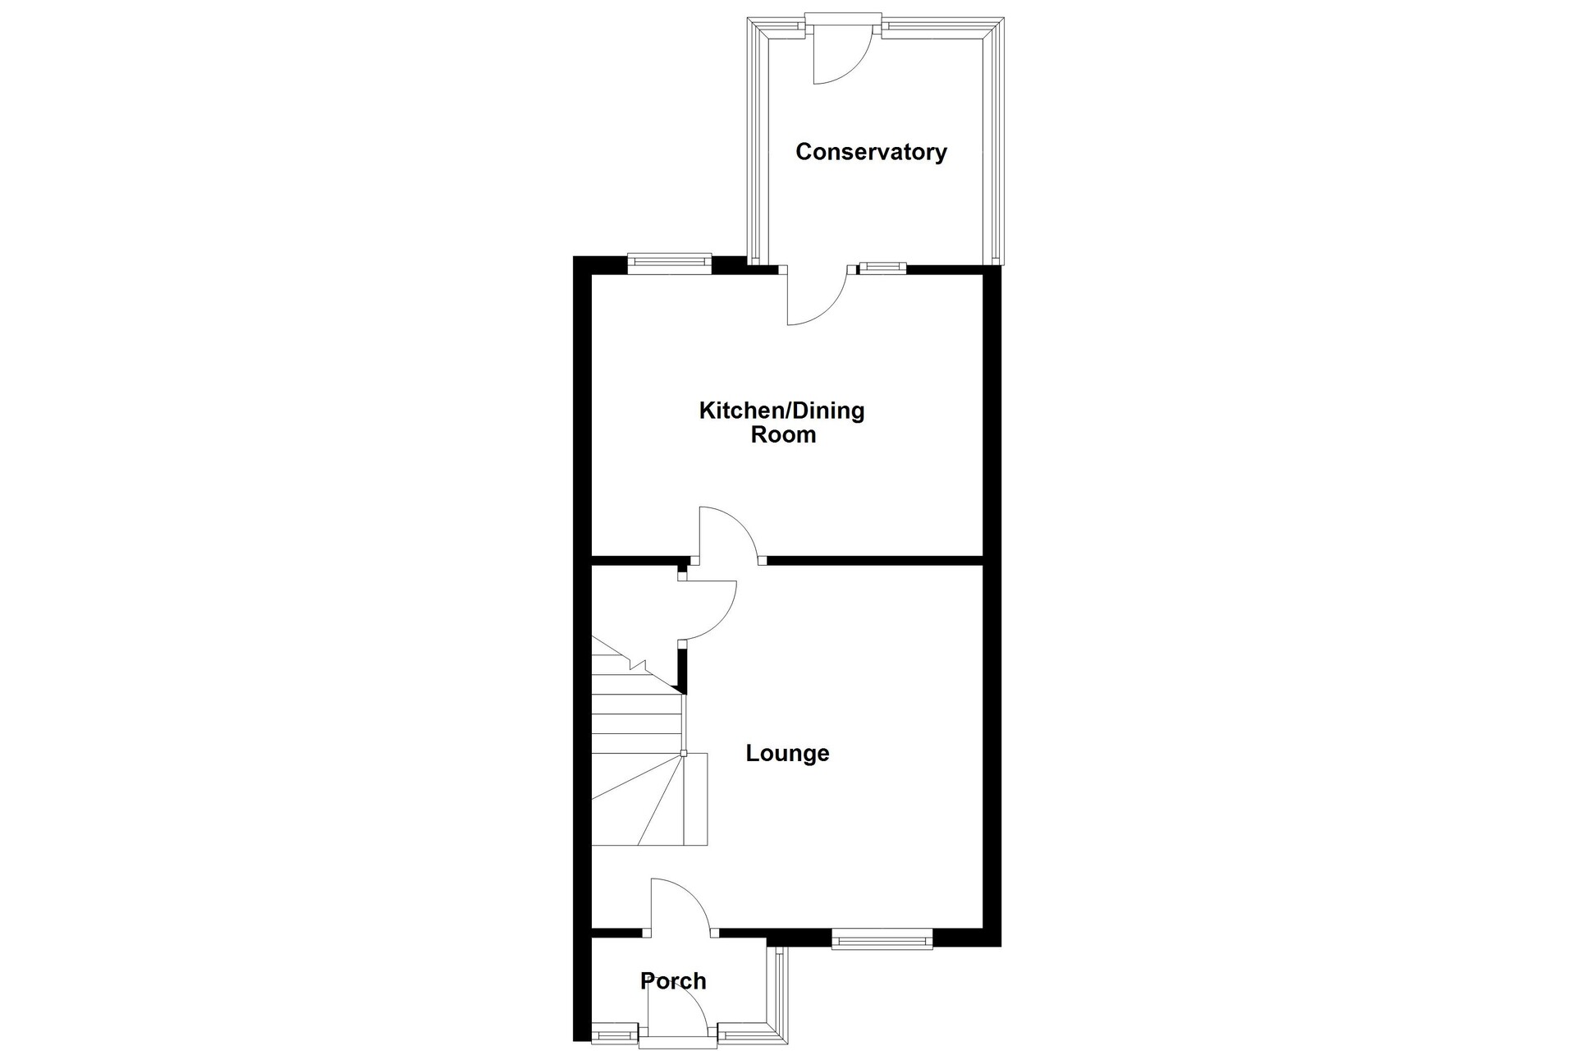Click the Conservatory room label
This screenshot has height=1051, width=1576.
[x=871, y=152]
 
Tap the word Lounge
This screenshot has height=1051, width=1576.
[x=787, y=753]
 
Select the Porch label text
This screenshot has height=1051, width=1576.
[x=673, y=980]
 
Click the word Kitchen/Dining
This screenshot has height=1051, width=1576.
[x=781, y=411]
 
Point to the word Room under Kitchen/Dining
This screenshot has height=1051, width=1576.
[x=783, y=434]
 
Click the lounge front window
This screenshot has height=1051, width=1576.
[x=882, y=939]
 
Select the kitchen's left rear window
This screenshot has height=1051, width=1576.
[x=669, y=262]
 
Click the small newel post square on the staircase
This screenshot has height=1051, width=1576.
[x=684, y=753]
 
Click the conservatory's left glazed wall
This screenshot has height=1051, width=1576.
[x=755, y=140]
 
